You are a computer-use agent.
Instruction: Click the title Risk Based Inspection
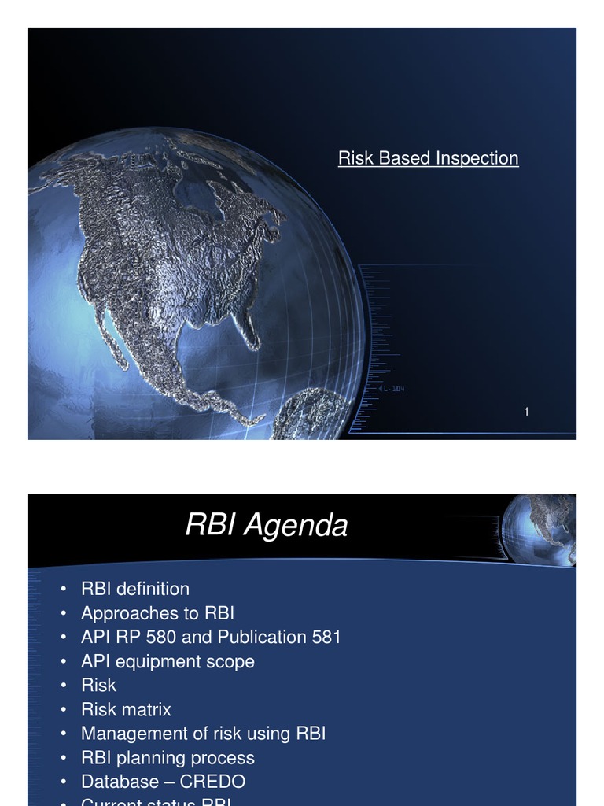(428, 158)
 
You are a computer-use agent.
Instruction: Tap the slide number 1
(526, 412)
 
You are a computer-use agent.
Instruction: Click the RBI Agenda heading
(266, 525)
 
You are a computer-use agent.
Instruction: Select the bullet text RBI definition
(134, 589)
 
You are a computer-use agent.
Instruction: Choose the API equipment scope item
(168, 661)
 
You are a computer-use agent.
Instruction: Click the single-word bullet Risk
(98, 686)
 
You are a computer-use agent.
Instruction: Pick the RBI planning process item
(168, 758)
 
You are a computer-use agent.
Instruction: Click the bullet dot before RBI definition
(61, 590)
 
